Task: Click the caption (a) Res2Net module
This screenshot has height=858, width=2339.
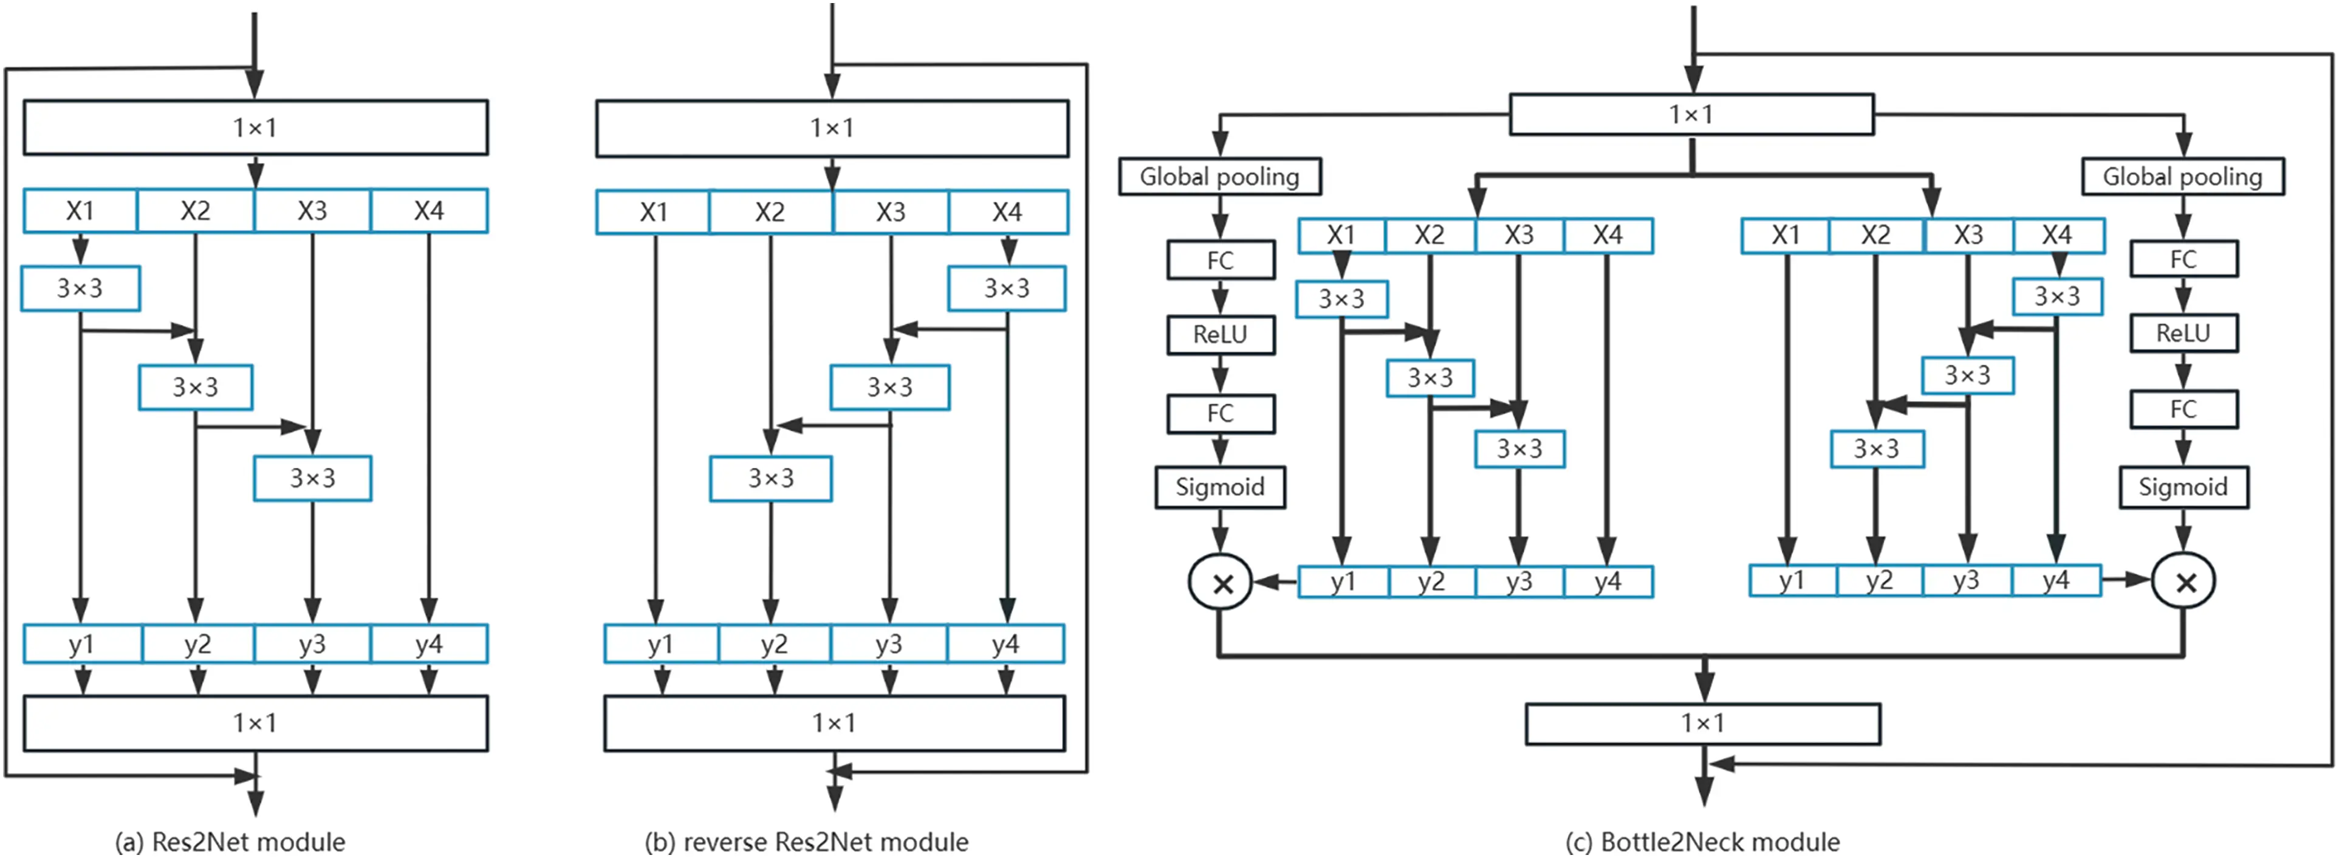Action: pos(230,842)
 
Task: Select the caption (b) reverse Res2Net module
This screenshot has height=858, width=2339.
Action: pos(806,842)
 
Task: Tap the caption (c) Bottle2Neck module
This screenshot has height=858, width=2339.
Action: pos(1702,842)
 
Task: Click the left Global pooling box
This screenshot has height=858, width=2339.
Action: pos(1219,176)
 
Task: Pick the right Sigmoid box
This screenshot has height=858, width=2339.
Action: pos(2183,487)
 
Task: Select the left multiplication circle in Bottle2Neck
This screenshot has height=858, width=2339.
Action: pos(1221,582)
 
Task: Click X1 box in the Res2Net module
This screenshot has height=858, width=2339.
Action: pos(80,211)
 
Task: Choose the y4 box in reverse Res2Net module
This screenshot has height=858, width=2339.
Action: pos(1005,643)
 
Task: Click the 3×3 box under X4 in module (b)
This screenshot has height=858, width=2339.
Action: pos(1006,289)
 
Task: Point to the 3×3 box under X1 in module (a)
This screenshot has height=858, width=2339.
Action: pos(80,289)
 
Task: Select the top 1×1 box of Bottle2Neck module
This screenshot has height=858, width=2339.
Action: pos(1691,114)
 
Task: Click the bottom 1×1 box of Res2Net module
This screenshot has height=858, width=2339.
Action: pos(255,722)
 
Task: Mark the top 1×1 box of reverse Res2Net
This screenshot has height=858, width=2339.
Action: pos(832,128)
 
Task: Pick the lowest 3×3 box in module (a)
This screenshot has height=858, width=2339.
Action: pos(312,478)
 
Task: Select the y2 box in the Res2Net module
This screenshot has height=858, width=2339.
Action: pos(197,643)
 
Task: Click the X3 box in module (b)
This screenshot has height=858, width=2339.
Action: pos(890,211)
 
